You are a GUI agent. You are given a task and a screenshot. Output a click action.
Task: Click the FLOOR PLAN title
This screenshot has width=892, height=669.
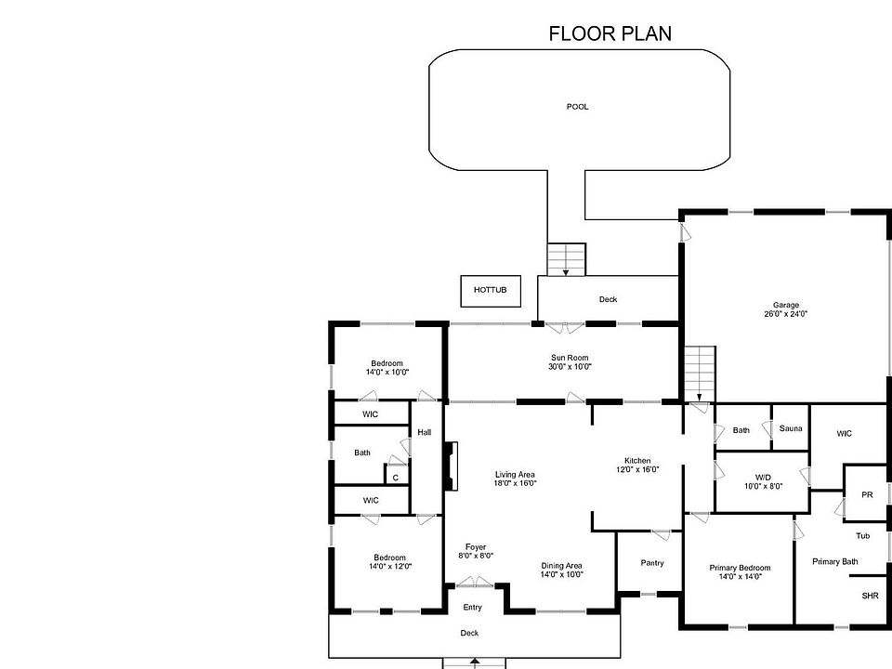click(x=610, y=33)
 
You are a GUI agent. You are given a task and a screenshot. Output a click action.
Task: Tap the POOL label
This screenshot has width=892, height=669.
click(x=577, y=106)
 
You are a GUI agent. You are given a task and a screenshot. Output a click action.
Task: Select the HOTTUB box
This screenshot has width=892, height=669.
click(x=491, y=291)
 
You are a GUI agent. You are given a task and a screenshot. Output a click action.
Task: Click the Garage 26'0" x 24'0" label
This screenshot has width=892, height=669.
click(x=786, y=308)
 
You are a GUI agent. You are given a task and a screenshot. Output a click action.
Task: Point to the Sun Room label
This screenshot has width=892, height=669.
click(x=570, y=358)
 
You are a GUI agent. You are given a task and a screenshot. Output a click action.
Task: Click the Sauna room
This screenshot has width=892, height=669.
click(x=790, y=427)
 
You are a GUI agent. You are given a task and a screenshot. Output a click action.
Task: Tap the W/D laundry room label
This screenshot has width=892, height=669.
click(x=764, y=481)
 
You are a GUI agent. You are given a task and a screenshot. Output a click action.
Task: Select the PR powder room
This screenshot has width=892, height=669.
click(x=866, y=493)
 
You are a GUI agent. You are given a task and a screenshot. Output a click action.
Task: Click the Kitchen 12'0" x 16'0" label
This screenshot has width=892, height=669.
click(x=637, y=465)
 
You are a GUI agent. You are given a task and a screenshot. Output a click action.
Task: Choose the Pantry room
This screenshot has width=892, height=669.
click(x=650, y=563)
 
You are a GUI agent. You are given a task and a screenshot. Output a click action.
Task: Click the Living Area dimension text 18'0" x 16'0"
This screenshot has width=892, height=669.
click(x=515, y=483)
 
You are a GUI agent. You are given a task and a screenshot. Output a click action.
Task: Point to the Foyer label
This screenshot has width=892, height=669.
click(x=476, y=547)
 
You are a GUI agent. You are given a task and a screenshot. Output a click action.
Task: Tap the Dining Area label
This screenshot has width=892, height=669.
click(x=561, y=566)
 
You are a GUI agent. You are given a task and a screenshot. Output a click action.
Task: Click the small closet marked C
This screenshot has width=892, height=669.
click(x=396, y=477)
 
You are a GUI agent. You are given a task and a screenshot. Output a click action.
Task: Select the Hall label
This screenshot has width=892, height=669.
click(x=425, y=432)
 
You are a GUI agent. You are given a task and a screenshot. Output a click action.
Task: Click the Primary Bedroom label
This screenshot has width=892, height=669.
click(x=740, y=568)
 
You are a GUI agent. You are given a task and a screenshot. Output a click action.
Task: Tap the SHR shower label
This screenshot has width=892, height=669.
click(x=870, y=596)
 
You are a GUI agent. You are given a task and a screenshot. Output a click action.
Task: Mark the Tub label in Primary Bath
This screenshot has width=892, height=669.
click(x=863, y=535)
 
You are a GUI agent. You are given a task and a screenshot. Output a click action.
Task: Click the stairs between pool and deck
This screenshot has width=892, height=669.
click(x=567, y=259)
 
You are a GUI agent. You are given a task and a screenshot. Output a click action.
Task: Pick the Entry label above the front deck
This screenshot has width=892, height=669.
click(x=472, y=608)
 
